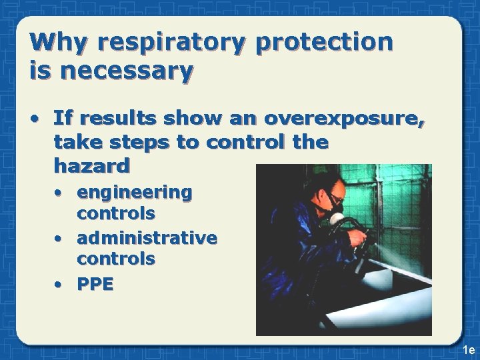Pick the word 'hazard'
point(91,163)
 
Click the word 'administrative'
point(147,238)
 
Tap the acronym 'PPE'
point(95,284)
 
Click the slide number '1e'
point(468,350)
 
